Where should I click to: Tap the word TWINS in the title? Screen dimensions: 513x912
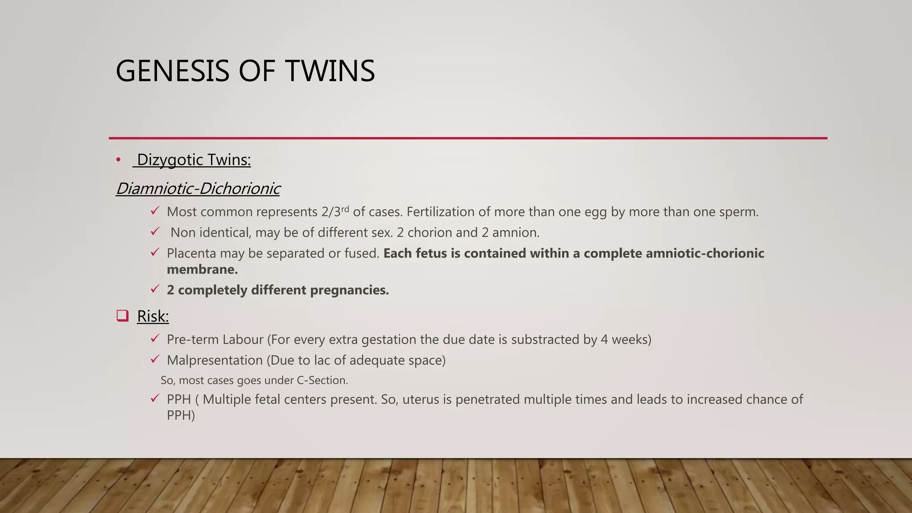click(x=330, y=71)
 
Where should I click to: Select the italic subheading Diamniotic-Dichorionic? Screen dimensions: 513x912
click(x=198, y=188)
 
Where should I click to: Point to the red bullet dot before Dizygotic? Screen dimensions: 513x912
click(x=118, y=160)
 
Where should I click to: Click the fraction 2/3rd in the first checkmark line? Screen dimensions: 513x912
click(x=335, y=212)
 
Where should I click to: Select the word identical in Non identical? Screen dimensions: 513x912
click(x=225, y=232)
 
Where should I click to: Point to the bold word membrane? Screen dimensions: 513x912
click(x=202, y=269)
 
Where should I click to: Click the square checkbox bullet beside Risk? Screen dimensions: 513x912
click(x=122, y=316)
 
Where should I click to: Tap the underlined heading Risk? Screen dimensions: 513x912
click(x=153, y=317)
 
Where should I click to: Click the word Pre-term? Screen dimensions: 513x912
click(x=192, y=340)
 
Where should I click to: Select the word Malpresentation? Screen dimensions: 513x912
click(x=215, y=360)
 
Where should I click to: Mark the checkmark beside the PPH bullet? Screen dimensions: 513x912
click(x=155, y=398)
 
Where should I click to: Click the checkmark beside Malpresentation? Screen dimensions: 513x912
click(x=155, y=359)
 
